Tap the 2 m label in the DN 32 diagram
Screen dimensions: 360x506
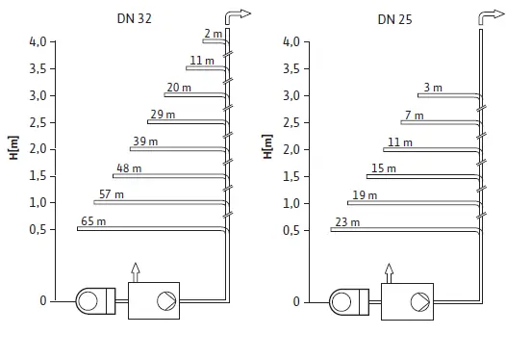tap(213, 34)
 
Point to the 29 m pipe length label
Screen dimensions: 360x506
tap(162, 115)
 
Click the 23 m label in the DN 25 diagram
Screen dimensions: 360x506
tap(347, 222)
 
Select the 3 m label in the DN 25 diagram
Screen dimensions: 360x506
tap(432, 88)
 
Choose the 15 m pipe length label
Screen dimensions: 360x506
tap(383, 168)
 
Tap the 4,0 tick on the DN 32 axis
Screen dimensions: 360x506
tap(37, 41)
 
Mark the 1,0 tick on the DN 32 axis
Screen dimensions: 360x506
tap(37, 202)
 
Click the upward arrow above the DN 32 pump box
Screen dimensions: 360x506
tap(136, 271)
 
